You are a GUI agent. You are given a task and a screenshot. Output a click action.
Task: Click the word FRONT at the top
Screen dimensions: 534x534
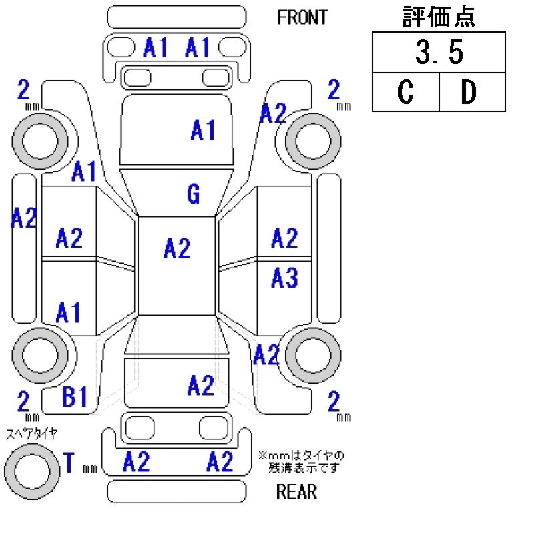pyautogui.click(x=302, y=17)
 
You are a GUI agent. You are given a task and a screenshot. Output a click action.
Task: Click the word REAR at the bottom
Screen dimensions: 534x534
pyautogui.click(x=296, y=493)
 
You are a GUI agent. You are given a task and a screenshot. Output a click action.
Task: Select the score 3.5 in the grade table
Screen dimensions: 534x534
pyautogui.click(x=439, y=53)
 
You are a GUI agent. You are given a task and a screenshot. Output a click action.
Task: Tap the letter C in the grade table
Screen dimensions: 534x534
pyautogui.click(x=405, y=93)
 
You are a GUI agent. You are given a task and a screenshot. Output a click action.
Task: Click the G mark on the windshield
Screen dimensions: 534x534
pyautogui.click(x=193, y=194)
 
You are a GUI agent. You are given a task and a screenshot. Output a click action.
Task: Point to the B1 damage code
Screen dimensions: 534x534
pyautogui.click(x=75, y=398)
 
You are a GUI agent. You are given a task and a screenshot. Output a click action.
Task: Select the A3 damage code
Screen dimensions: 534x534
pyautogui.click(x=284, y=278)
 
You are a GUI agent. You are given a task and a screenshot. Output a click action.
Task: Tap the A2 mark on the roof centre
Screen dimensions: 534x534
pyautogui.click(x=177, y=249)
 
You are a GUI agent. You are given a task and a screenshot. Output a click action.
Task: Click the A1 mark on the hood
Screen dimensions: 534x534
pyautogui.click(x=203, y=131)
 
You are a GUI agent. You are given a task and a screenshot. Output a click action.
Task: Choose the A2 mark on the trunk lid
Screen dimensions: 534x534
pyautogui.click(x=200, y=385)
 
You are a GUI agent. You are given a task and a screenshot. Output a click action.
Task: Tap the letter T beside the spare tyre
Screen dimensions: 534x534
pyautogui.click(x=68, y=462)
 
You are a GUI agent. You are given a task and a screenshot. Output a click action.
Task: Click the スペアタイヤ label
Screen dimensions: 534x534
pyautogui.click(x=31, y=434)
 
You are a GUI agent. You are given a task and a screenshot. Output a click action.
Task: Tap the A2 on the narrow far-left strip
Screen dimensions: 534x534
pyautogui.click(x=23, y=218)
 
